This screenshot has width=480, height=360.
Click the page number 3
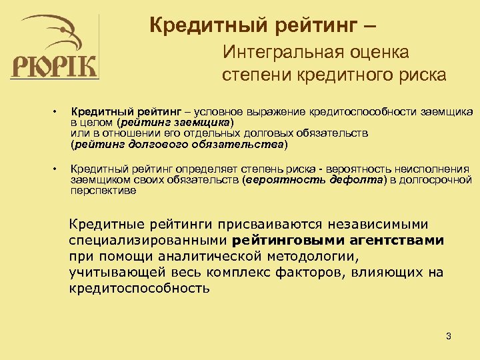[449, 336]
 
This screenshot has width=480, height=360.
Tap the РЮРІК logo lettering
[54, 67]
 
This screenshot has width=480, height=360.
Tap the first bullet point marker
[58, 111]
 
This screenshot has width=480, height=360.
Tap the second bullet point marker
[58, 169]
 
